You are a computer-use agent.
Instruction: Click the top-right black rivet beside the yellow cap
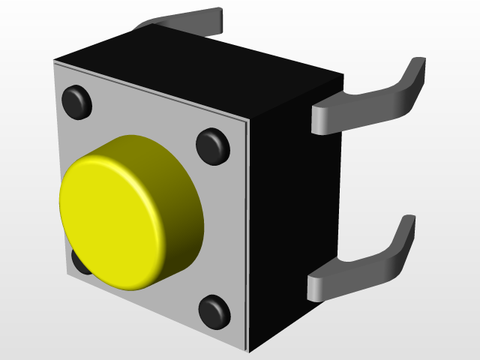(x=213, y=145)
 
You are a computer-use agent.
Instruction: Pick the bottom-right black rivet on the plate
(x=214, y=310)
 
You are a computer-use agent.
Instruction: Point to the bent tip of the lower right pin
(x=406, y=229)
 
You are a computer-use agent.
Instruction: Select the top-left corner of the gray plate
(x=55, y=63)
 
